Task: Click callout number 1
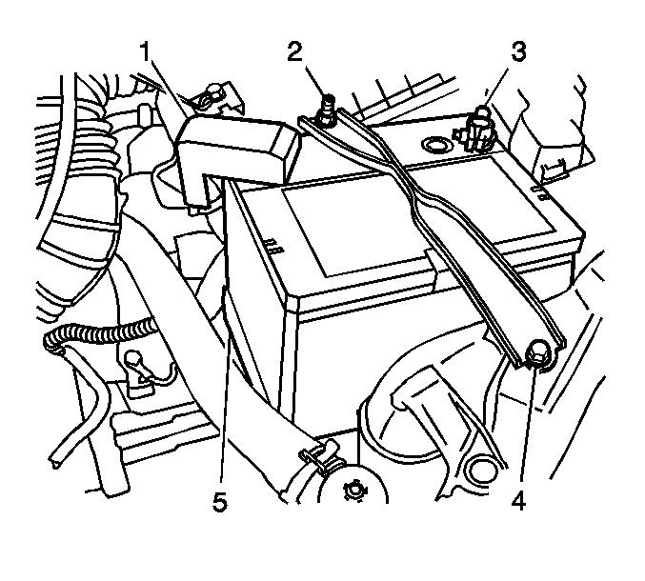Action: pos(145,51)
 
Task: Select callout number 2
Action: pos(294,51)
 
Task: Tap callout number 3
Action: pos(518,51)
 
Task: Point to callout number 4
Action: pos(519,500)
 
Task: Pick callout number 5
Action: pos(220,502)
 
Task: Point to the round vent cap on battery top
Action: pos(434,145)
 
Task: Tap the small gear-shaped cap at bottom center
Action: pos(353,491)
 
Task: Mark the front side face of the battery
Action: pos(383,362)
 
